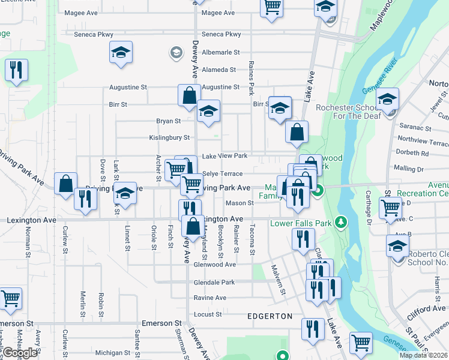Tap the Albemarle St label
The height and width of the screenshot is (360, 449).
(x=220, y=53)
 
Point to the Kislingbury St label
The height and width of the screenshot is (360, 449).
(x=169, y=138)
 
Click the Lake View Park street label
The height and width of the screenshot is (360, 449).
(x=224, y=156)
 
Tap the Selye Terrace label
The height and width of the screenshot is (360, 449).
(x=222, y=173)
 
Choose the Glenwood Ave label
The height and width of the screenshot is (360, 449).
(x=214, y=264)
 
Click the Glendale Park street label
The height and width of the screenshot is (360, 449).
(x=214, y=282)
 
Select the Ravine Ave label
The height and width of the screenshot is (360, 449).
(x=209, y=298)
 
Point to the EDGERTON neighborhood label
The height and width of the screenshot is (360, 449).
(x=270, y=316)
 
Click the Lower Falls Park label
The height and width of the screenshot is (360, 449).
(x=301, y=224)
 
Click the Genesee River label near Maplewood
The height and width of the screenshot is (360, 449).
(x=381, y=75)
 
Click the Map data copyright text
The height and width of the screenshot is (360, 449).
(x=424, y=355)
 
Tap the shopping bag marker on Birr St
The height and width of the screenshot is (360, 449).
(x=189, y=96)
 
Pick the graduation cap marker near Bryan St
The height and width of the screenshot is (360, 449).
(x=208, y=112)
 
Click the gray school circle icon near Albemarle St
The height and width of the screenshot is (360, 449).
(x=176, y=53)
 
